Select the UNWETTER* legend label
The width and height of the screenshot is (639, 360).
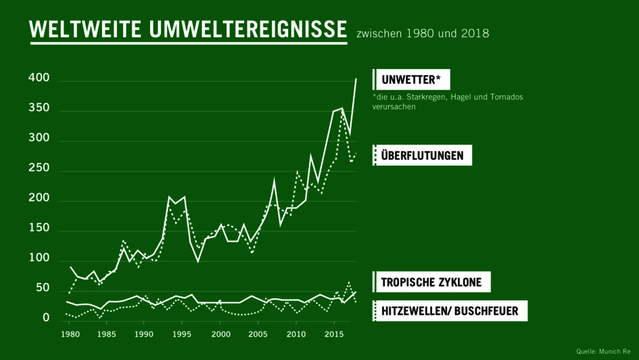(x=411, y=80)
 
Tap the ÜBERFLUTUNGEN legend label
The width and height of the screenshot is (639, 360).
(x=423, y=156)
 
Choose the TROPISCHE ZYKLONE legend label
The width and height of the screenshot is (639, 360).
(x=431, y=282)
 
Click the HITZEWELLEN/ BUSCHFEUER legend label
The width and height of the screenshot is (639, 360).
(x=450, y=311)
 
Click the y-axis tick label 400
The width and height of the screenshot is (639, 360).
(x=39, y=78)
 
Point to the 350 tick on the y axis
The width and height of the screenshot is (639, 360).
(x=39, y=108)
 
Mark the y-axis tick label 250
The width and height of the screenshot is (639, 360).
(x=39, y=168)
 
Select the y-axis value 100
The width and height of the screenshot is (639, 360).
(x=39, y=258)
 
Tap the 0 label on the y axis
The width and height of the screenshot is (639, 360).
(x=46, y=318)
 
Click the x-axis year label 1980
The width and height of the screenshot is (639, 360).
(x=68, y=335)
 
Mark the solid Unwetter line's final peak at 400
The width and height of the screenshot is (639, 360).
(x=356, y=80)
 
